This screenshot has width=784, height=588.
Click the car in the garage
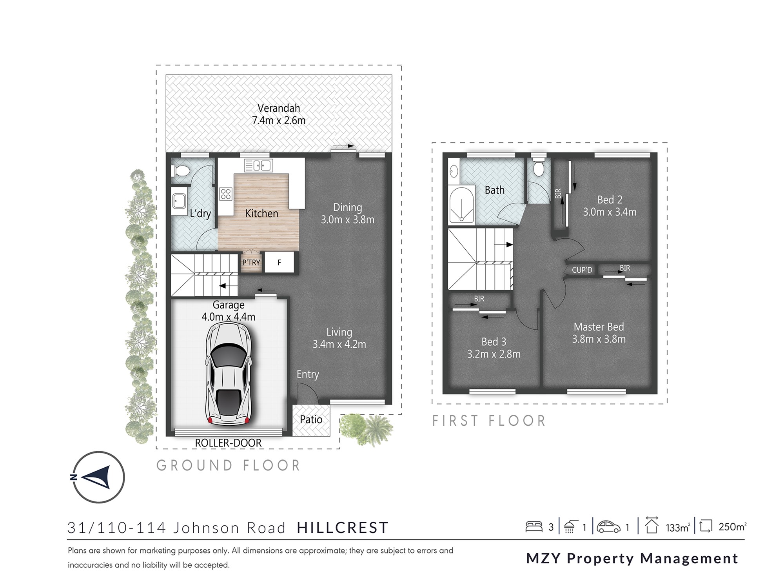pos(229,374)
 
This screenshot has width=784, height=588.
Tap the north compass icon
pos(99,477)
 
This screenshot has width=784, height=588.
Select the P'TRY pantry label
pos(251,263)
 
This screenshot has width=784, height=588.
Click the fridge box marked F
pos(279,263)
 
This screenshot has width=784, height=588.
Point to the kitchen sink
pos(259,166)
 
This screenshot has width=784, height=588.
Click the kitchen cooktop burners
pos(225,194)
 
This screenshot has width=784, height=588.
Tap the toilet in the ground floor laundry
pos(180,171)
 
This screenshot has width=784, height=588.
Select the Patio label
pos(311,419)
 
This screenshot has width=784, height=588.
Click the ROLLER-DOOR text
pos(228,443)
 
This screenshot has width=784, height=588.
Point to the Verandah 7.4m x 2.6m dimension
pos(279,120)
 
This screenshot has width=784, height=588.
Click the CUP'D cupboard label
pos(582,270)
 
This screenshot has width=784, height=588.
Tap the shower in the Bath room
pos(461,206)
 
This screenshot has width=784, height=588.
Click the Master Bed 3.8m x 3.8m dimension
pos(599,339)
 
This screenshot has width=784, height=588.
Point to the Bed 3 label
pos(494,342)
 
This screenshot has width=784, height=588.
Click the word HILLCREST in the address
pos(343,528)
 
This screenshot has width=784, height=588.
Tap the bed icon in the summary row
pos(534,526)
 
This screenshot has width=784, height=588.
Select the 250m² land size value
pos(732,527)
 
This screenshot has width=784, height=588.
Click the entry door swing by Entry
pos(304,392)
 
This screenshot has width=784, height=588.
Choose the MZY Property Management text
pos(632,558)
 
